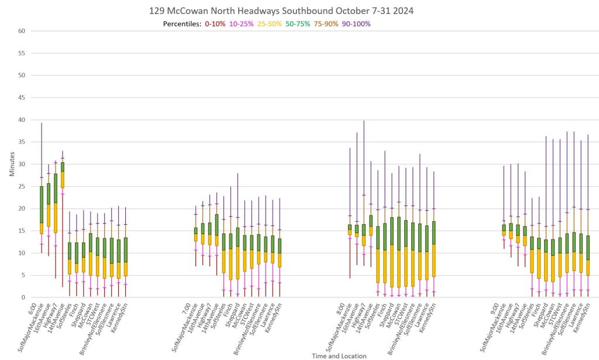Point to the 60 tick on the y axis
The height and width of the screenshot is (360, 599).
pyautogui.click(x=20, y=31)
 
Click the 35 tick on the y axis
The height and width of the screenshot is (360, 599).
pyautogui.click(x=20, y=142)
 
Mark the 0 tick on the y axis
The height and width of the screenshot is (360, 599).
pyautogui.click(x=22, y=297)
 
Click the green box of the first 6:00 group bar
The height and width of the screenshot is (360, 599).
pyautogui.click(x=42, y=204)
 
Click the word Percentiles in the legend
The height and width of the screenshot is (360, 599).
pyautogui.click(x=182, y=24)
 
